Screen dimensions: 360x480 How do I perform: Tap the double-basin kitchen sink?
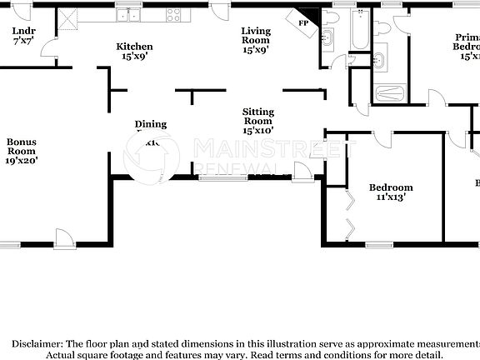pyautogui.click(x=128, y=15)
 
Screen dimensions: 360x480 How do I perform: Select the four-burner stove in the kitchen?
pyautogui.click(x=173, y=15)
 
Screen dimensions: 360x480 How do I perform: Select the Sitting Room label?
pyautogui.click(x=258, y=112)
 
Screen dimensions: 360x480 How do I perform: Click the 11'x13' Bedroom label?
pyautogui.click(x=391, y=187)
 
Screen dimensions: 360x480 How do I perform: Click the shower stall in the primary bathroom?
pyautogui.click(x=389, y=92)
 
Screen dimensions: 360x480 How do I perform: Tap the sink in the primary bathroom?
pyautogui.click(x=379, y=59)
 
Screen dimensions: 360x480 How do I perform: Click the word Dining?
pyautogui.click(x=151, y=124)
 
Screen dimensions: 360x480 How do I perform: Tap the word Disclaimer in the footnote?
pyautogui.click(x=35, y=343)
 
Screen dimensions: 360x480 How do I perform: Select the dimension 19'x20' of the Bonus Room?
pyautogui.click(x=22, y=160)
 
